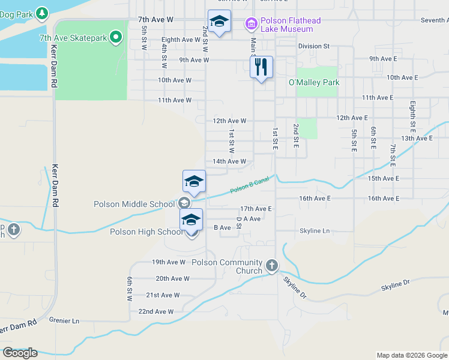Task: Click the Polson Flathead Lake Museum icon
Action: coord(251,24)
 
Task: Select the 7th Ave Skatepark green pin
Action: coord(116,38)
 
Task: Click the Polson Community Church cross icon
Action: coord(271,265)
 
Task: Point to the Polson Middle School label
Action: coord(134,204)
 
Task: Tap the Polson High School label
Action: coord(146,232)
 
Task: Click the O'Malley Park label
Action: coord(314,82)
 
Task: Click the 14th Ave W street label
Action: coord(229,161)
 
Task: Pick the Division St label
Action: coord(314,46)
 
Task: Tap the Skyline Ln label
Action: coord(315,231)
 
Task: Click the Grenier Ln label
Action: coord(64,321)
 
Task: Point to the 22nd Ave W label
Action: coord(155,311)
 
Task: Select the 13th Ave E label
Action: coord(417,138)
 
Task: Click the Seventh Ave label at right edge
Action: coord(434,20)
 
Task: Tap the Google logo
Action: coord(20,353)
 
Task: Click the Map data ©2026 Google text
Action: coord(411,355)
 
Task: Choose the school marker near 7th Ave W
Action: coord(219,22)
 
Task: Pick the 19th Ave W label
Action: coord(169,262)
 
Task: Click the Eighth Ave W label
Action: coord(181,40)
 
